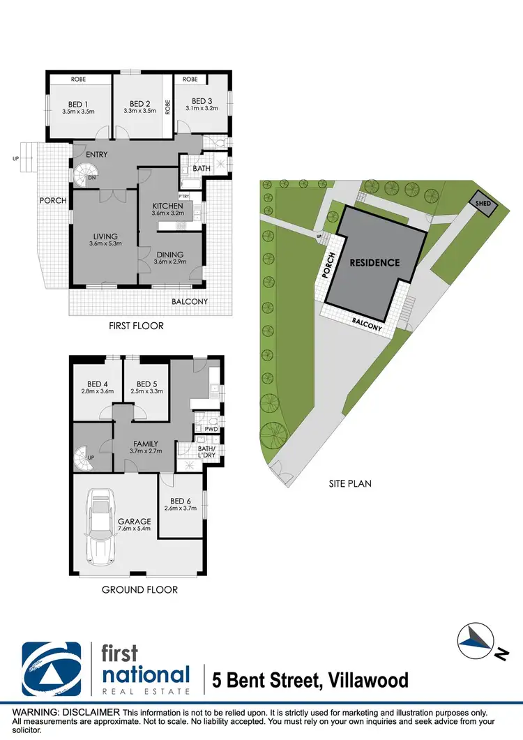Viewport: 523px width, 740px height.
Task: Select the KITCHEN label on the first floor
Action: pos(168,206)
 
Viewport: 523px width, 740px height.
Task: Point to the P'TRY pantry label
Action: pos(185,195)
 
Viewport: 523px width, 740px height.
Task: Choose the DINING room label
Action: pos(168,254)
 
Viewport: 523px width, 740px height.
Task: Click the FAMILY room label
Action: pos(145,444)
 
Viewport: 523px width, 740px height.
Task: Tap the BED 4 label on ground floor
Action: pos(97,384)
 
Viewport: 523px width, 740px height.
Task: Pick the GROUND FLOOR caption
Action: pos(139,590)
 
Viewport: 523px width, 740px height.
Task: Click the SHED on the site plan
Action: pos(482,204)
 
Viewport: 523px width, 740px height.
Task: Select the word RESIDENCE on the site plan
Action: pos(375,263)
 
